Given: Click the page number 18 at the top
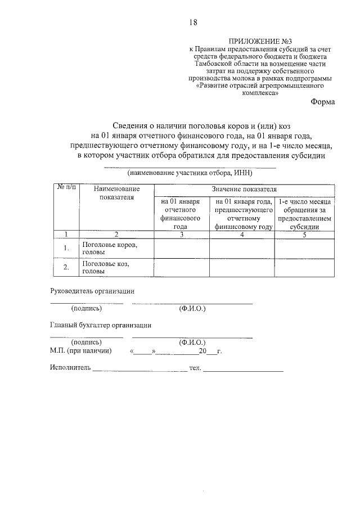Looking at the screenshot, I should click(193, 22).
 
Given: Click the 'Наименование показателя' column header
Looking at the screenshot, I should click(116, 193).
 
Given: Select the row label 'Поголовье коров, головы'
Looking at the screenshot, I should click(109, 249).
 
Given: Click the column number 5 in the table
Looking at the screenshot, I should click(304, 235).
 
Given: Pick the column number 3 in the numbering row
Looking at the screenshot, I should click(181, 235).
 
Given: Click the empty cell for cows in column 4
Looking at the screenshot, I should click(242, 248).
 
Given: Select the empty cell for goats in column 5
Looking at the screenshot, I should click(304, 267).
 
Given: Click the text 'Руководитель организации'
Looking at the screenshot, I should click(92, 291).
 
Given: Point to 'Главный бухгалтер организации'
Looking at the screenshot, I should click(101, 325).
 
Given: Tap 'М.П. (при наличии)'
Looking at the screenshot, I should click(80, 352).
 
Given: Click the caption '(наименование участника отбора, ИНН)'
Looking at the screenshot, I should click(190, 173).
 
